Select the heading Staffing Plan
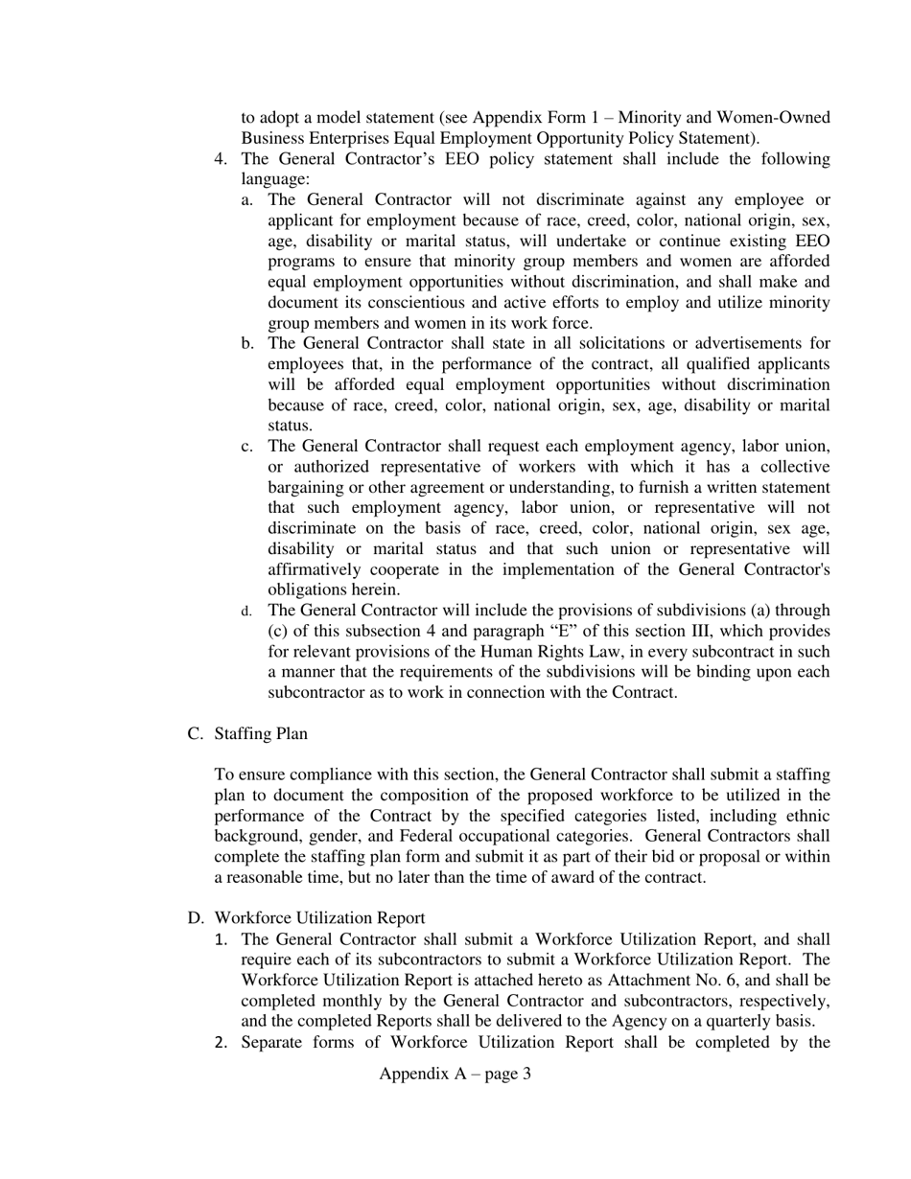click(x=261, y=733)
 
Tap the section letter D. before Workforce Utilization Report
click(x=196, y=918)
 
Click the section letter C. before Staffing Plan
click(x=196, y=733)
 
